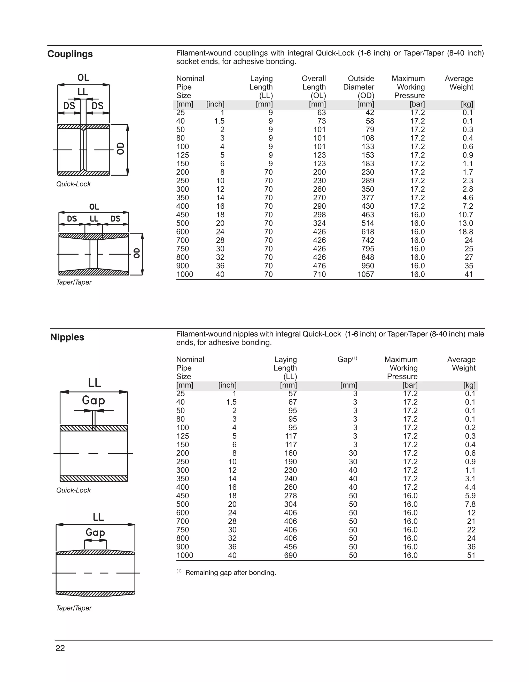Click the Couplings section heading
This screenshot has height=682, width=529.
coord(70,54)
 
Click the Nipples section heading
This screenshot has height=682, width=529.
coord(67,337)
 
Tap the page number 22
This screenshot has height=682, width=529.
coord(60,648)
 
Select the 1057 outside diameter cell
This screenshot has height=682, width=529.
coord(366,275)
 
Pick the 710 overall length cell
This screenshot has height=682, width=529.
coord(320,275)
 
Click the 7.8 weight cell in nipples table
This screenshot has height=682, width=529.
coord(470,504)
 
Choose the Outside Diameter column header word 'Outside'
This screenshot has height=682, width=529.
coord(361,79)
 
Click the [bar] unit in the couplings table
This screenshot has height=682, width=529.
coord(417,104)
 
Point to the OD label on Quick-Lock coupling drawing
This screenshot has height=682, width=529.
coord(121,149)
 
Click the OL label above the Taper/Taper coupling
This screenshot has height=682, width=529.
coord(94,207)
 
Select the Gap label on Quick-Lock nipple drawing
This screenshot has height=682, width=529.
coord(93,400)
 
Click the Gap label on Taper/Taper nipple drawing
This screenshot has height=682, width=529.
coord(95,532)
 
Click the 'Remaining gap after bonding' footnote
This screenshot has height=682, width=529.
coord(230,573)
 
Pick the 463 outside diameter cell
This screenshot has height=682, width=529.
coord(368,215)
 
